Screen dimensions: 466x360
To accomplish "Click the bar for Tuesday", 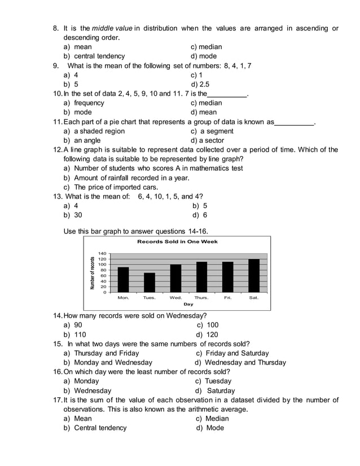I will tap(150, 282).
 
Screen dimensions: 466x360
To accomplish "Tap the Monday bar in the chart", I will tap(123, 279).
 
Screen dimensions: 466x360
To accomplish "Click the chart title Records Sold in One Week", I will tap(177, 241).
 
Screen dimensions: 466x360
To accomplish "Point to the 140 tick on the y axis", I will tap(102, 253).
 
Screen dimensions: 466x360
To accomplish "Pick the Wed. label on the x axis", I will tap(175, 297).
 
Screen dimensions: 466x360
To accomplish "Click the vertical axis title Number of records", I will tap(93, 272).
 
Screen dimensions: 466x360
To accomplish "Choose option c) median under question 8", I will tap(207, 47).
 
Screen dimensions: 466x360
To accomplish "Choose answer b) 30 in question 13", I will tap(73, 215).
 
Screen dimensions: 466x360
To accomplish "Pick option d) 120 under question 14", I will tap(207, 334).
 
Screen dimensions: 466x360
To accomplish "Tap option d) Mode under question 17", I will tap(210, 428).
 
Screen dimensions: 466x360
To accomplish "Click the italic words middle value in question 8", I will tap(112, 28).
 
